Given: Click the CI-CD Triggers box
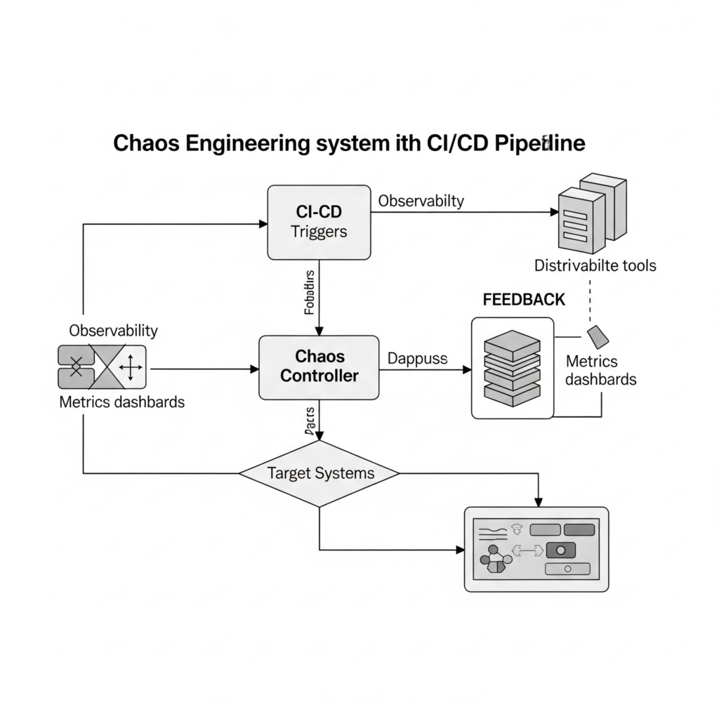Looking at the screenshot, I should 319,222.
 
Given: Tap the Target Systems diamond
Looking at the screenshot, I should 319,473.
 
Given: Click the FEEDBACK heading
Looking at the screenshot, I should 524,299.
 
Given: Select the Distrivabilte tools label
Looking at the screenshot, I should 595,265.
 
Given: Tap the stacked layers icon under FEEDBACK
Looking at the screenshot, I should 512,368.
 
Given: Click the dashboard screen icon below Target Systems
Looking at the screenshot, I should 537,549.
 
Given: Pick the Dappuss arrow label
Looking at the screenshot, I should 417,358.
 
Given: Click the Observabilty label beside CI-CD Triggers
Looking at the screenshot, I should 421,201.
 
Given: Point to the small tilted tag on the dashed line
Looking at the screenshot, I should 598,336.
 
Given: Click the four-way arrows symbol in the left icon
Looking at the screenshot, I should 130,367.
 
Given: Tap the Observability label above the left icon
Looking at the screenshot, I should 113,330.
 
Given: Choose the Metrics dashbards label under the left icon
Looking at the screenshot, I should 122,402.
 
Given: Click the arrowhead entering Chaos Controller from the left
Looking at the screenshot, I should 255,368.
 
